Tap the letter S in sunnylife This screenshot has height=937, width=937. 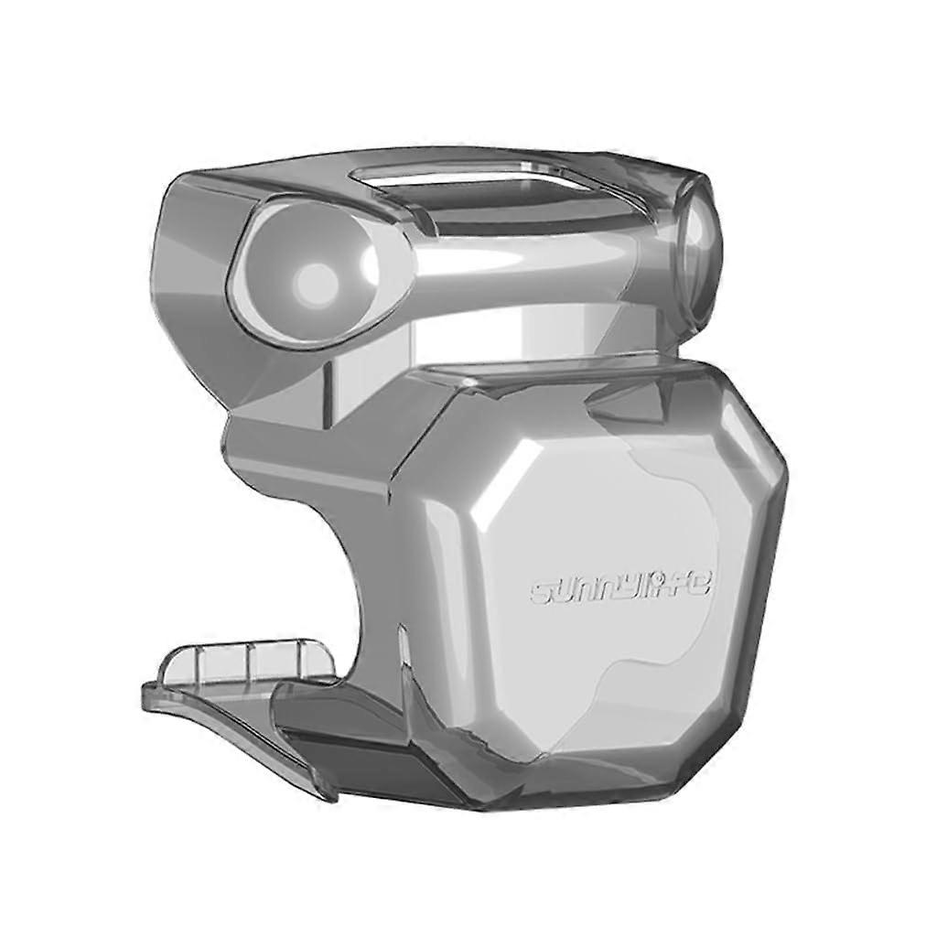(x=541, y=593)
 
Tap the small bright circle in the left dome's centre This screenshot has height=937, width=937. (x=317, y=278)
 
